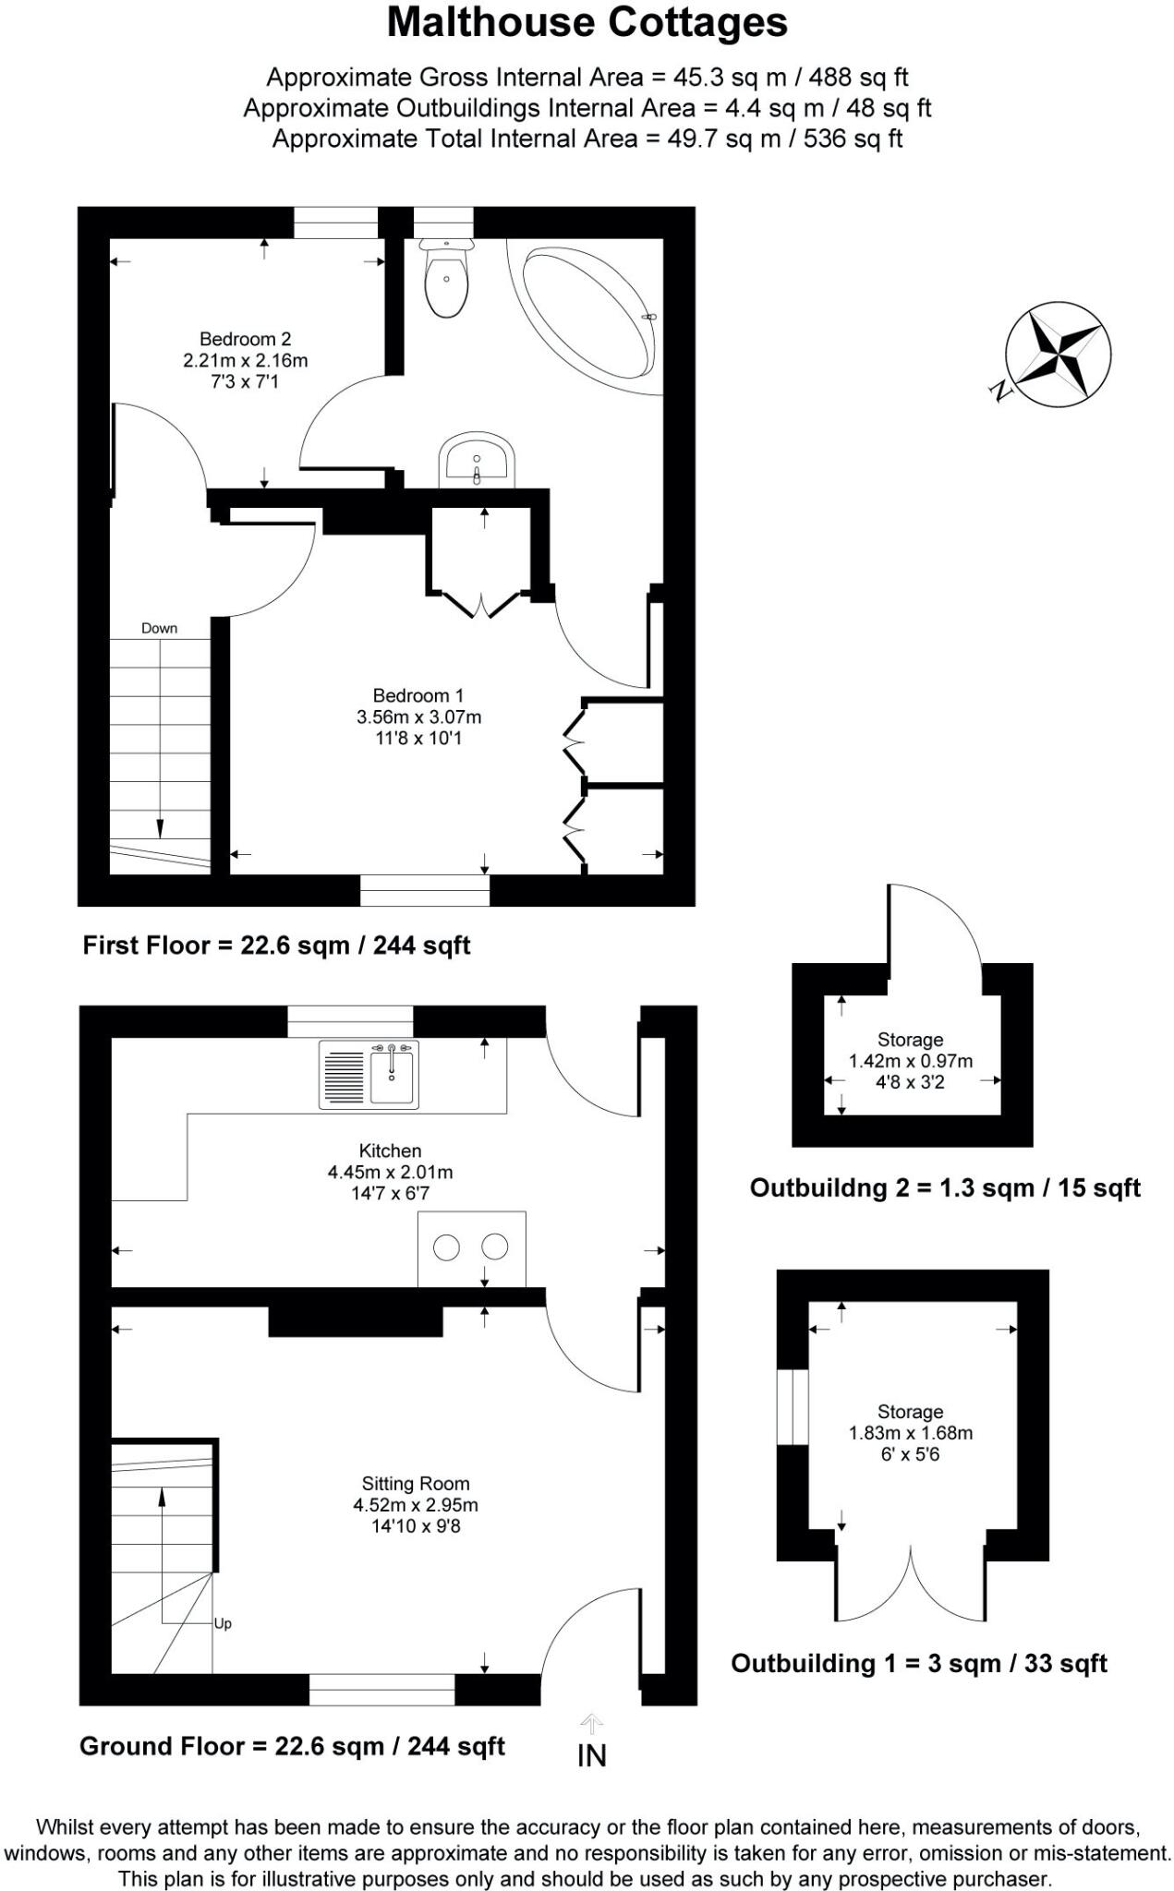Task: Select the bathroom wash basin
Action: pos(477,459)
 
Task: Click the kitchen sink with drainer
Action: pos(369,1074)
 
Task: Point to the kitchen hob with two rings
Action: pos(471,1247)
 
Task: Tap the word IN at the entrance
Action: pos(591,1755)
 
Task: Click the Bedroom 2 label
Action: pos(245,339)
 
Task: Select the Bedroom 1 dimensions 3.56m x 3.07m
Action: pos(418,717)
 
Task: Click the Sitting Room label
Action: pos(416,1483)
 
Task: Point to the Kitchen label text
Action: pos(390,1150)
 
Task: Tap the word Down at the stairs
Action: pos(159,628)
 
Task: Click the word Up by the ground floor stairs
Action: pos(223,1623)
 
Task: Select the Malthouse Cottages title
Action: pos(587,22)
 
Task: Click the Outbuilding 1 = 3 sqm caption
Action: pos(918,1663)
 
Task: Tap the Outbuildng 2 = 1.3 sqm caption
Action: pos(944,1187)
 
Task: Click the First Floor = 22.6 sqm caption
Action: pos(276,945)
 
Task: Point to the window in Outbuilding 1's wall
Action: pos(792,1406)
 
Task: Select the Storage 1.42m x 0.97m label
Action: pos(910,1061)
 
